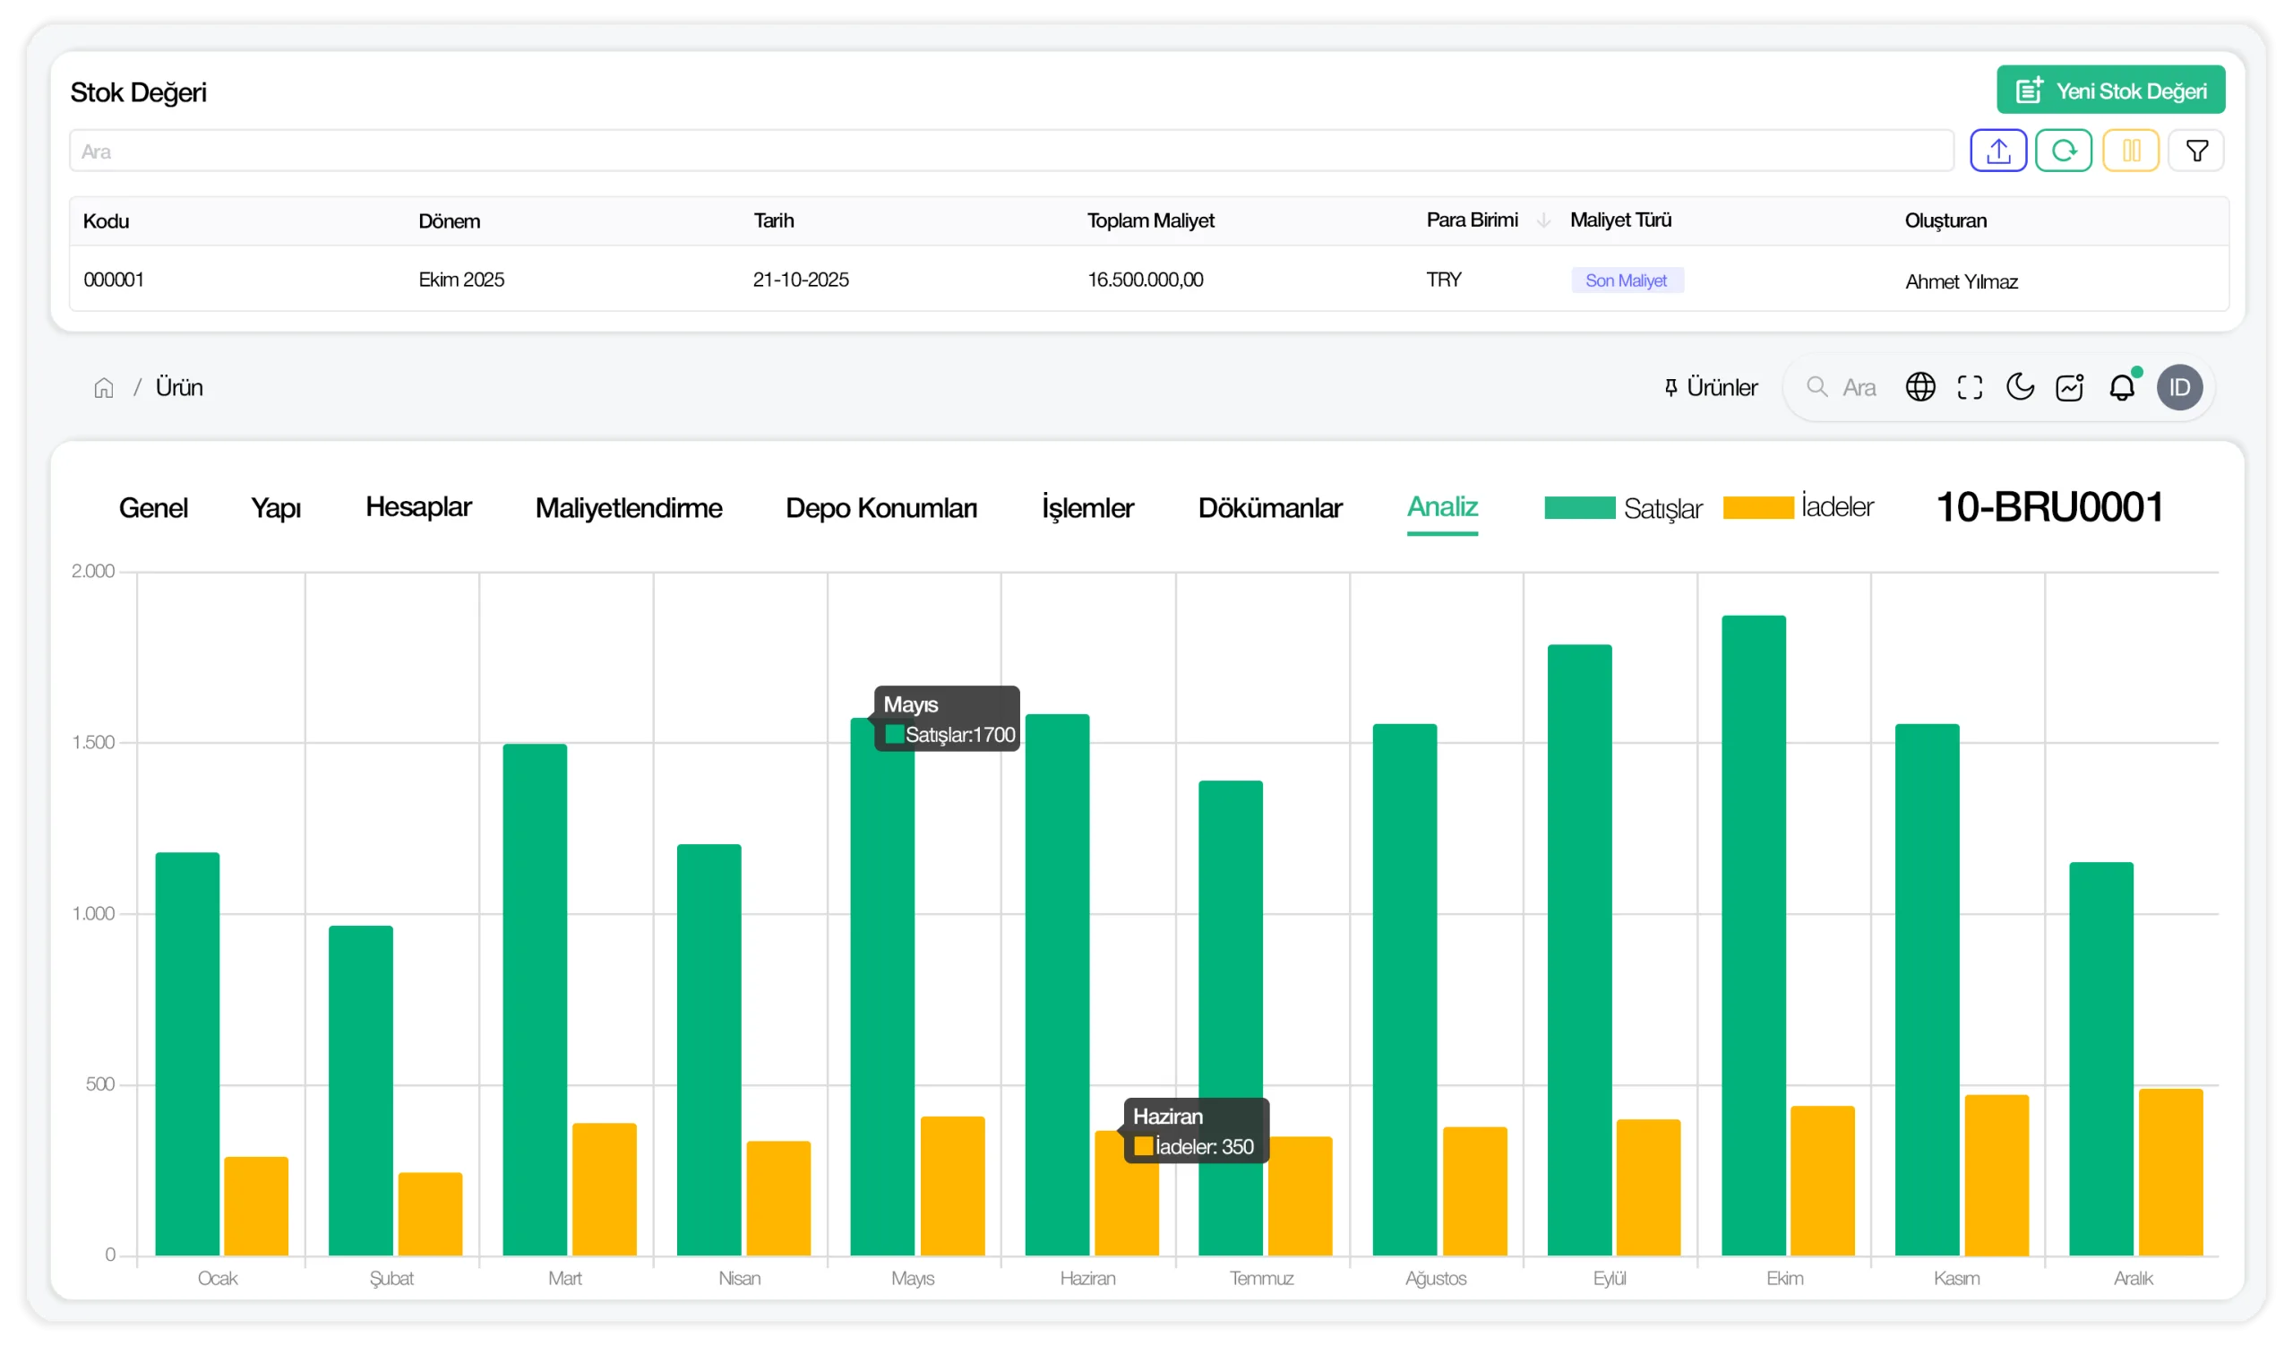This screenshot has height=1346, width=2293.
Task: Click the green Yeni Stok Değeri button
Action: click(x=2110, y=91)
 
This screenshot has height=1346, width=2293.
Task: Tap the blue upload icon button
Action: click(x=1998, y=151)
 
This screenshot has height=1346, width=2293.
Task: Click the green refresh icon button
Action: click(x=2064, y=151)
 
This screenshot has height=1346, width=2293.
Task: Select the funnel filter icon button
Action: click(x=2195, y=151)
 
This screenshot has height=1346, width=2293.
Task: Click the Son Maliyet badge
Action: click(x=1627, y=280)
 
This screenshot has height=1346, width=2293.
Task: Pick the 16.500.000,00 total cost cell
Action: click(x=1146, y=280)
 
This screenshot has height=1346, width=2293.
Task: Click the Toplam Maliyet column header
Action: click(x=1151, y=221)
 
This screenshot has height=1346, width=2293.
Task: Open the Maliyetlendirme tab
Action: click(x=629, y=508)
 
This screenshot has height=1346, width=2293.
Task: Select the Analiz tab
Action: click(x=1442, y=507)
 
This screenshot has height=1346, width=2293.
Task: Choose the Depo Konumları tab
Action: click(x=880, y=508)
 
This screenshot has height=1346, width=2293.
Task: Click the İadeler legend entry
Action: click(x=1798, y=507)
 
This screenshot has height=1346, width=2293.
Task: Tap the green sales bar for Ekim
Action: click(x=1754, y=936)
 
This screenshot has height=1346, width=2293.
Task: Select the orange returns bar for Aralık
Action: click(x=2171, y=1172)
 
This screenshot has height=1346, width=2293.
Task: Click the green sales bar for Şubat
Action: click(x=361, y=1091)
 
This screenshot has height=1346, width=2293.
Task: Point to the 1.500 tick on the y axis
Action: click(x=94, y=743)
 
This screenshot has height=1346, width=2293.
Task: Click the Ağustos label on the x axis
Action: click(x=1436, y=1279)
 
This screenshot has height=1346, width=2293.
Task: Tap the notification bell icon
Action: click(x=2122, y=388)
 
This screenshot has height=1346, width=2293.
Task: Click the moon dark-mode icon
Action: click(x=2020, y=387)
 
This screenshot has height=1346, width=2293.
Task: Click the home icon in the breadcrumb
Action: click(x=104, y=389)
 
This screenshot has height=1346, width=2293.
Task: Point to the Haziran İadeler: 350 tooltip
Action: click(x=1197, y=1131)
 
